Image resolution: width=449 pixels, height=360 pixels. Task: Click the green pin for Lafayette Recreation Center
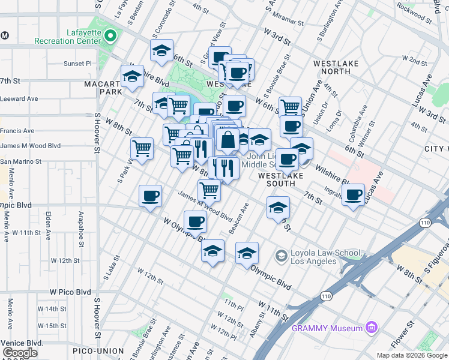pyautogui.click(x=109, y=36)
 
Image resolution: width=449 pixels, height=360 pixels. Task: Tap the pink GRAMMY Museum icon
pyautogui.click(x=372, y=328)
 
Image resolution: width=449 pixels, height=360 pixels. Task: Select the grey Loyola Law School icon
pyautogui.click(x=280, y=256)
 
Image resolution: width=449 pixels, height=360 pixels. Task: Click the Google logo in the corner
pyautogui.click(x=20, y=352)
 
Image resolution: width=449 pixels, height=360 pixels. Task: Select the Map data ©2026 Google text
pyautogui.click(x=412, y=355)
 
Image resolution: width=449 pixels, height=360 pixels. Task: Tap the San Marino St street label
pyautogui.click(x=21, y=161)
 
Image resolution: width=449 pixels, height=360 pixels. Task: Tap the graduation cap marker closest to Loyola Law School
pyautogui.click(x=247, y=253)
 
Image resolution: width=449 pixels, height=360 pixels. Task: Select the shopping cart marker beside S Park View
pyautogui.click(x=142, y=148)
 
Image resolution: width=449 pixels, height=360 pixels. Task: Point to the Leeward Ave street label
pyautogui.click(x=19, y=98)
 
